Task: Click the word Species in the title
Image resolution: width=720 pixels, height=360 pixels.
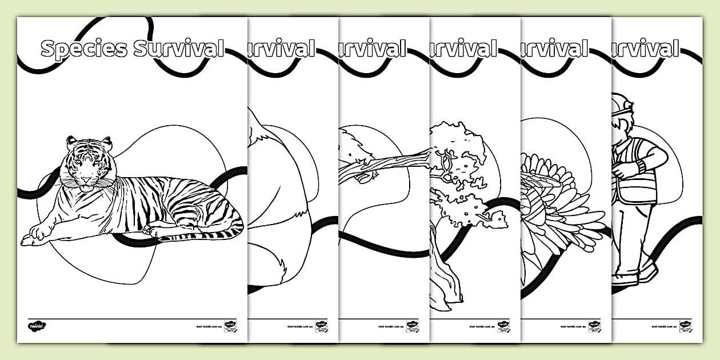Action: pos(84,49)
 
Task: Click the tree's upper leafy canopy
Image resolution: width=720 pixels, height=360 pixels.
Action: pos(457,143)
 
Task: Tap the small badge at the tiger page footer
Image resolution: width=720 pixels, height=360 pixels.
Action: pos(230,326)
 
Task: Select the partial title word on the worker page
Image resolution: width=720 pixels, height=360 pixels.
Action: pos(646,49)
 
